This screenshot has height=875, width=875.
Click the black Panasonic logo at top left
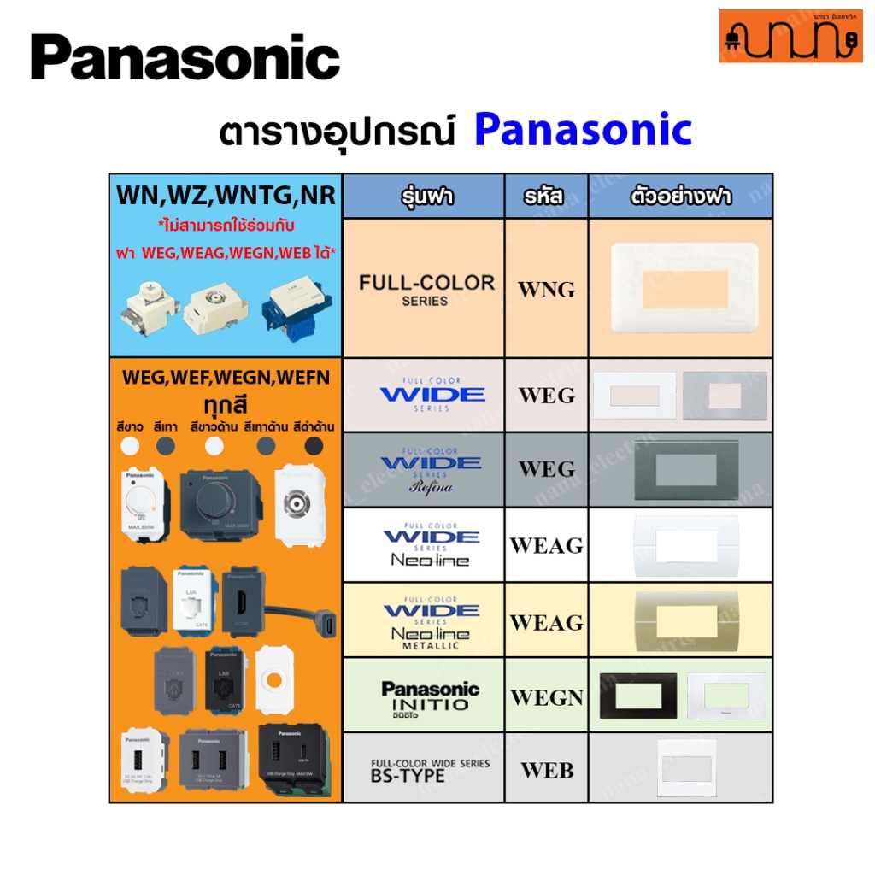[x=185, y=58]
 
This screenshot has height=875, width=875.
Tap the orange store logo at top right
[x=790, y=36]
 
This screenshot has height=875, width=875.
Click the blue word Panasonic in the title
[x=583, y=130]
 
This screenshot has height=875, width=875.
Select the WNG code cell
[x=546, y=289]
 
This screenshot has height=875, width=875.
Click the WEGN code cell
[x=547, y=697]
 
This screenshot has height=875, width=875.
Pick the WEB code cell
[x=547, y=770]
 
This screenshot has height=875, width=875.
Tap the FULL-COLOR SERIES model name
[x=426, y=289]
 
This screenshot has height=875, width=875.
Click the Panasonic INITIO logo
[x=430, y=696]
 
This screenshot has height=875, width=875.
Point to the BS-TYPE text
[x=408, y=776]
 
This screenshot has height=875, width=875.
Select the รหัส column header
[x=547, y=197]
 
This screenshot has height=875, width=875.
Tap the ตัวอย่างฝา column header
[x=680, y=197]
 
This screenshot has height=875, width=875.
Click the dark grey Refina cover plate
[x=680, y=470]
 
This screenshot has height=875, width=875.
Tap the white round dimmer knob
[x=142, y=499]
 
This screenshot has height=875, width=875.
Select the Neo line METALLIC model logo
[x=431, y=622]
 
